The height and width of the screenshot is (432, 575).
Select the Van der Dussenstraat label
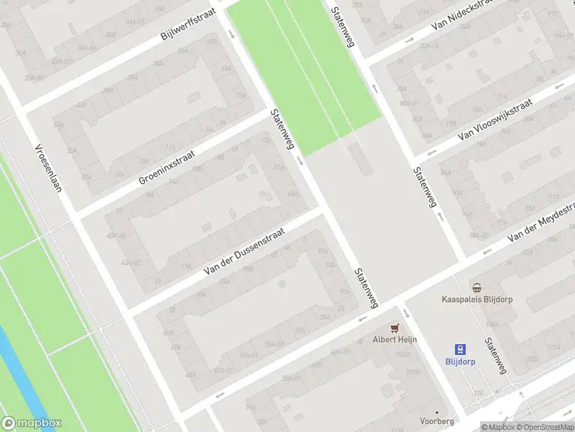(x=244, y=251)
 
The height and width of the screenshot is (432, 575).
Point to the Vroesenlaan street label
(x=49, y=169)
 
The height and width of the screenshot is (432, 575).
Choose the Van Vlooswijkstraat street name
(x=495, y=120)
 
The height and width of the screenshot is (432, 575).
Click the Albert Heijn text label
(x=394, y=340)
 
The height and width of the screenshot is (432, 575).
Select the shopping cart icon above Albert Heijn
(x=394, y=328)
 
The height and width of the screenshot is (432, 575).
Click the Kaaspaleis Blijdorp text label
(x=477, y=299)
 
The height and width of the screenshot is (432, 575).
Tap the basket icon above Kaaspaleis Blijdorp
(x=477, y=287)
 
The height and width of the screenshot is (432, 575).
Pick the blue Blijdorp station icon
(x=461, y=349)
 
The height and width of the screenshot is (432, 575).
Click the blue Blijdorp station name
(x=461, y=362)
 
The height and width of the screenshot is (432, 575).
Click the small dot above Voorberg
(x=436, y=413)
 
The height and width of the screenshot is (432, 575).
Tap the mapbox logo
(x=32, y=423)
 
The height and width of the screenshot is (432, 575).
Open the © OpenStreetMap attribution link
(x=546, y=427)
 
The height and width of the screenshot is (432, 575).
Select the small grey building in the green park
(x=357, y=158)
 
